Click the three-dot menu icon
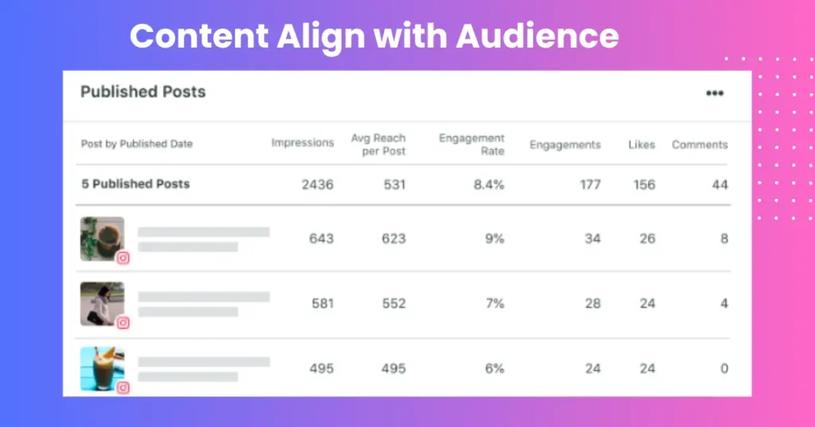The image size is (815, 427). coord(715,93)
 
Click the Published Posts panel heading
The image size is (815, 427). coord(143,92)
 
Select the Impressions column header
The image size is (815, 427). coord(302,143)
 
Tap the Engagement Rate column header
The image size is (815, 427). coord(471,144)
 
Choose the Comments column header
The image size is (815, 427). coord(700,144)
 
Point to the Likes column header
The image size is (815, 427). coord(641,144)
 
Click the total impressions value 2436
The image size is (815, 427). coord(318,185)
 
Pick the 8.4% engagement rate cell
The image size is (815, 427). coord(489,185)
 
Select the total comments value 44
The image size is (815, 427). coord(719,185)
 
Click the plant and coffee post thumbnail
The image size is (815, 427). coord(103,239)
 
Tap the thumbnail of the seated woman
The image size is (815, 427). coord(103,304)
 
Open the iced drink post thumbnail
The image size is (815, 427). coord(103,369)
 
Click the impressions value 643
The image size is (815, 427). coord(322,239)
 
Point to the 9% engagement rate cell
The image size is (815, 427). coord(495,239)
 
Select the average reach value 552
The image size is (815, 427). coord(393,304)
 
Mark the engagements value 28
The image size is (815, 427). coord(592,304)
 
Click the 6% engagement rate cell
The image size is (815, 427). coord(495,368)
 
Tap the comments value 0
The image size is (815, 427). coord(724,368)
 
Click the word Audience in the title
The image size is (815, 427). coord(537,36)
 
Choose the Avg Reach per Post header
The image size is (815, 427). coord(378,144)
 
